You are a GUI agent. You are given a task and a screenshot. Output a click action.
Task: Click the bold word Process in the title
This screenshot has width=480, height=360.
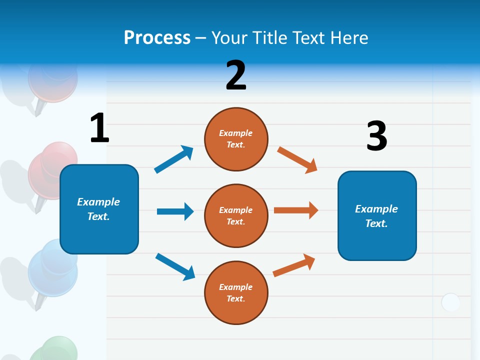[x=157, y=38]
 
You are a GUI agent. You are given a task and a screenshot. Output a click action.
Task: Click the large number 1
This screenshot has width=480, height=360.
[x=99, y=128]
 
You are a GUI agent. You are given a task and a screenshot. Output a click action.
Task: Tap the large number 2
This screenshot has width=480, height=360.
[x=236, y=75]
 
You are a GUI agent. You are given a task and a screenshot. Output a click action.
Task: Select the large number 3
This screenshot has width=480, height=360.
[x=376, y=136]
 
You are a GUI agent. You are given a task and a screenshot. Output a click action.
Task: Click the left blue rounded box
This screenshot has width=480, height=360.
[x=99, y=209]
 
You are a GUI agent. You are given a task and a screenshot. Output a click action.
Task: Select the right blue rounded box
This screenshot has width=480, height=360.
[x=377, y=215]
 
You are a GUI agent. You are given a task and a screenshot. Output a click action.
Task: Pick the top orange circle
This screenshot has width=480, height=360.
[x=236, y=139]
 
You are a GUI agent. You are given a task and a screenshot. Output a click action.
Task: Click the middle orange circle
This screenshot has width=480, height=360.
[x=236, y=215]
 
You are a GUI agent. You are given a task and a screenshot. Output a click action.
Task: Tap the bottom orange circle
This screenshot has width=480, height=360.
[x=236, y=292]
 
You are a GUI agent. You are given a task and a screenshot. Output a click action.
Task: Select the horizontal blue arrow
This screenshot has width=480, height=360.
[x=175, y=211]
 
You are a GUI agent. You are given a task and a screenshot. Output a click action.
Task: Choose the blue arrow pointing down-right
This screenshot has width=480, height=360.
[x=175, y=266]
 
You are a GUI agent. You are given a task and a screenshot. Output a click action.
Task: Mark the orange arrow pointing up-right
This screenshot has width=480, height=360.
[x=294, y=265]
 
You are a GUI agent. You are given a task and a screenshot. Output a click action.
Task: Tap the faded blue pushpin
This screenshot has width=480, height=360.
[x=52, y=267]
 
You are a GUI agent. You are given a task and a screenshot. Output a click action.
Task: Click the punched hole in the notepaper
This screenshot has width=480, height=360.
[x=450, y=302]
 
